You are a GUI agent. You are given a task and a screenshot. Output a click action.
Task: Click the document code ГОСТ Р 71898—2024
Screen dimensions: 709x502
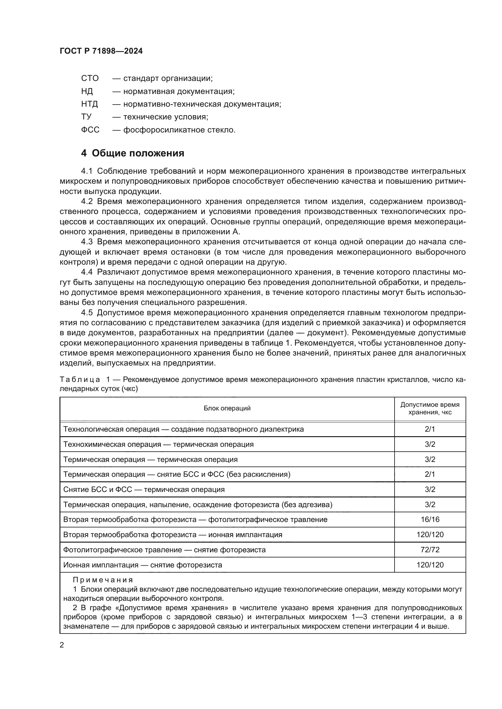tap(101, 51)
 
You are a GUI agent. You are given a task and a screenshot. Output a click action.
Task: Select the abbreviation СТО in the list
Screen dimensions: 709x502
tap(90, 79)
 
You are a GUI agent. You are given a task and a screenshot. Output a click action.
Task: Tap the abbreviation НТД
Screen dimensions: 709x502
tap(89, 104)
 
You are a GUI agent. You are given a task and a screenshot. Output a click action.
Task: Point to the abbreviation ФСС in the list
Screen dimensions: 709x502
tap(90, 130)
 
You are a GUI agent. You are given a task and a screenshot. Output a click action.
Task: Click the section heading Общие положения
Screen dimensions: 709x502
tap(138, 153)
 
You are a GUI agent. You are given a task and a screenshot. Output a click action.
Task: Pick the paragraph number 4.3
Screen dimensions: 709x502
tap(87, 242)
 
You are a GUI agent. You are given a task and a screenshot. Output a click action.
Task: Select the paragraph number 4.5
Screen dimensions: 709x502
tap(87, 313)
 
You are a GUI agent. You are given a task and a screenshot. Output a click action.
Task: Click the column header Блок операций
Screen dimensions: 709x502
tap(227, 408)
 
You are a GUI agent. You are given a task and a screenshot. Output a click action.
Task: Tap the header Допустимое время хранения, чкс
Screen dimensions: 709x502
tap(430, 408)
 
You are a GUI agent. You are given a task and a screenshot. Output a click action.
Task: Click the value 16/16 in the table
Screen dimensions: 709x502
tap(430, 520)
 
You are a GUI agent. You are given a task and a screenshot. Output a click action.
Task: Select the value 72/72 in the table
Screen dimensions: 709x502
tap(430, 550)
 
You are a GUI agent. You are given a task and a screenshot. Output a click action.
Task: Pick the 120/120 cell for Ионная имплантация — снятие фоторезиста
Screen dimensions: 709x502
tap(430, 565)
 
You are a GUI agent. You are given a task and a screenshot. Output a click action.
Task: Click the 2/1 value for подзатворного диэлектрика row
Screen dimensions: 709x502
tap(430, 429)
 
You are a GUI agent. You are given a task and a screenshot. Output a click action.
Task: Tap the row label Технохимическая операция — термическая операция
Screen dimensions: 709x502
tap(158, 444)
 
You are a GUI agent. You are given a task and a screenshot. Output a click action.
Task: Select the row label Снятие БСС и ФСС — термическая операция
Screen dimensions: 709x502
tap(144, 490)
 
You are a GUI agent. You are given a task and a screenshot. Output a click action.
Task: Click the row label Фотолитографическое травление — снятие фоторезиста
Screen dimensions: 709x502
tap(164, 550)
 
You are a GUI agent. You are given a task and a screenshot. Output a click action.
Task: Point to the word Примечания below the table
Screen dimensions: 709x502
tap(103, 580)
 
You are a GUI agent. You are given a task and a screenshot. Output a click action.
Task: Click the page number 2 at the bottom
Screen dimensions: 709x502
tap(62, 645)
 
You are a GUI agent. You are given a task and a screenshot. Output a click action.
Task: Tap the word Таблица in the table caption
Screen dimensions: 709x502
tap(80, 379)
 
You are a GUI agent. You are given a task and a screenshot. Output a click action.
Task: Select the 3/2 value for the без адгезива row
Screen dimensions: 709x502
tap(430, 505)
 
